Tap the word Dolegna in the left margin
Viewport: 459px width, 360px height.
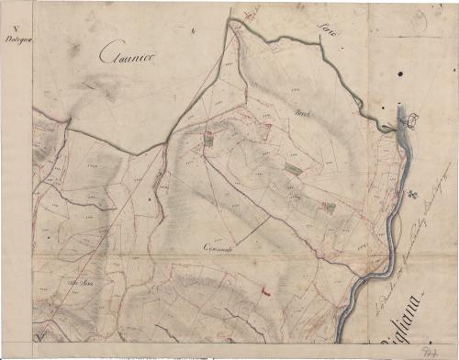16,39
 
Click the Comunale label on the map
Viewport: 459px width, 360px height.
223,250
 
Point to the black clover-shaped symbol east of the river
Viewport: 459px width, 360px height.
415,195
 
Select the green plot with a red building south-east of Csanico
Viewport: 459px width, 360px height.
208,137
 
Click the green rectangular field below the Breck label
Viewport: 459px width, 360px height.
292,168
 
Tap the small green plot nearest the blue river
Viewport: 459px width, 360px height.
328,208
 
